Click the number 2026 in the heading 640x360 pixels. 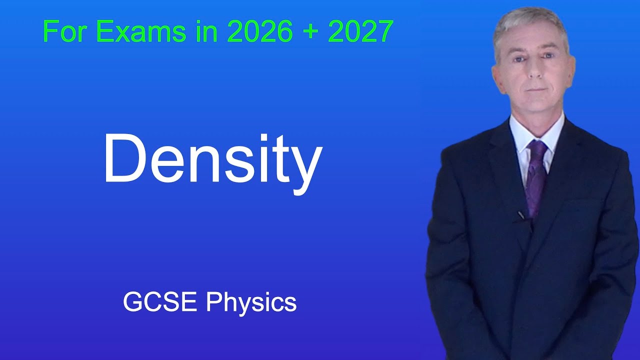[259, 32]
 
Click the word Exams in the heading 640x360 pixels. [140, 32]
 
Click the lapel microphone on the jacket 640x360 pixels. [521, 215]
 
